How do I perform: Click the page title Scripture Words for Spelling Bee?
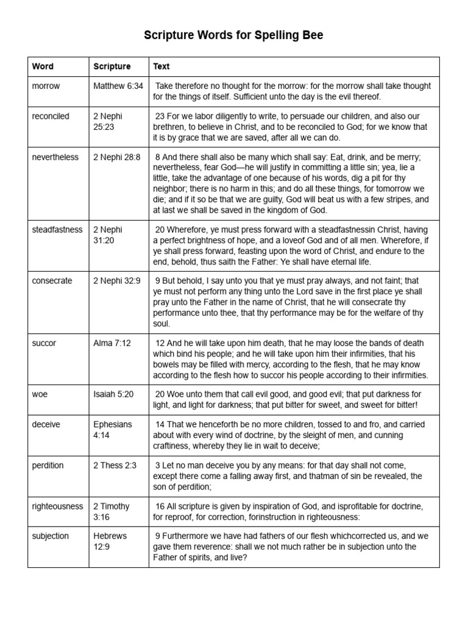click(233, 35)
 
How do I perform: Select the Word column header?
click(43, 66)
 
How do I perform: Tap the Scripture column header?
click(112, 66)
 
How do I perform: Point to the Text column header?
click(161, 66)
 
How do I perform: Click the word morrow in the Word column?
click(46, 86)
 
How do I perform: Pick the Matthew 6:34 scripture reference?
click(118, 86)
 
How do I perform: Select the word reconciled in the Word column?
click(51, 116)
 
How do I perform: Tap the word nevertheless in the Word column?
click(55, 157)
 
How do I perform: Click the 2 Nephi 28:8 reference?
click(117, 157)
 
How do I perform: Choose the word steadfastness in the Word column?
click(57, 230)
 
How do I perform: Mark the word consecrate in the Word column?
click(52, 281)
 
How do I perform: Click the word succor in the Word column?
click(44, 343)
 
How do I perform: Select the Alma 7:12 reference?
click(112, 343)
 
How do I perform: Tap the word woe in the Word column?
click(40, 394)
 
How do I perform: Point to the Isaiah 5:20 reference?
click(113, 394)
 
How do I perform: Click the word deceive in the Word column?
click(46, 425)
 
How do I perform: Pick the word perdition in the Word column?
click(48, 466)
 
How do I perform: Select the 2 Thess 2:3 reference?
click(115, 466)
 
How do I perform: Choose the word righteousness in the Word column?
click(57, 506)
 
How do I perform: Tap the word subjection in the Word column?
click(51, 536)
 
